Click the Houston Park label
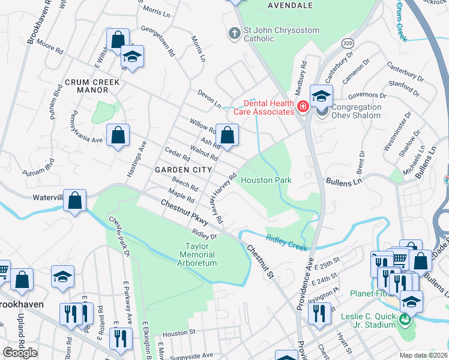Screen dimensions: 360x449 click(266, 180)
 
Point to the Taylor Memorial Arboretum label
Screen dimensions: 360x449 click(200, 254)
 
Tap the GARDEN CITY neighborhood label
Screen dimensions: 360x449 click(183, 170)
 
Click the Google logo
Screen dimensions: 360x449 click(20, 353)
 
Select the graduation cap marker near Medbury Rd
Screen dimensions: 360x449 click(321, 95)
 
